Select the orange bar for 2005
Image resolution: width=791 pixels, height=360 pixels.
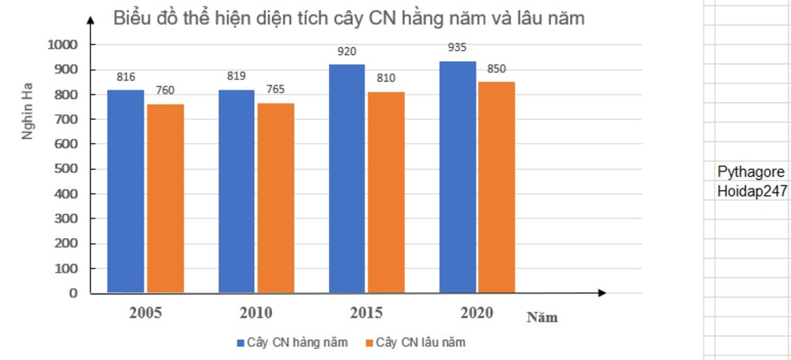point(165,199)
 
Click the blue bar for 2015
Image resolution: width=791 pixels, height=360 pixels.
point(347,178)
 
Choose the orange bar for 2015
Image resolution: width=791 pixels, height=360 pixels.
point(386,192)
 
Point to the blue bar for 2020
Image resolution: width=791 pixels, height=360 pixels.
point(457,177)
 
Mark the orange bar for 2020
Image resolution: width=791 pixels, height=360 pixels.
point(497,188)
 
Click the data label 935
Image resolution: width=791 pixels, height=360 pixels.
point(457,48)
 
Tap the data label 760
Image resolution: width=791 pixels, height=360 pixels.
point(165,90)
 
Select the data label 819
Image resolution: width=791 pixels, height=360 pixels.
point(236,76)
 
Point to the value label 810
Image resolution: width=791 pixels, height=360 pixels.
point(386,78)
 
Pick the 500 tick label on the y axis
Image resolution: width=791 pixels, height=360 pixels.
point(67,169)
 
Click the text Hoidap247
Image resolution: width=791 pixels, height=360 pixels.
point(752,191)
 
